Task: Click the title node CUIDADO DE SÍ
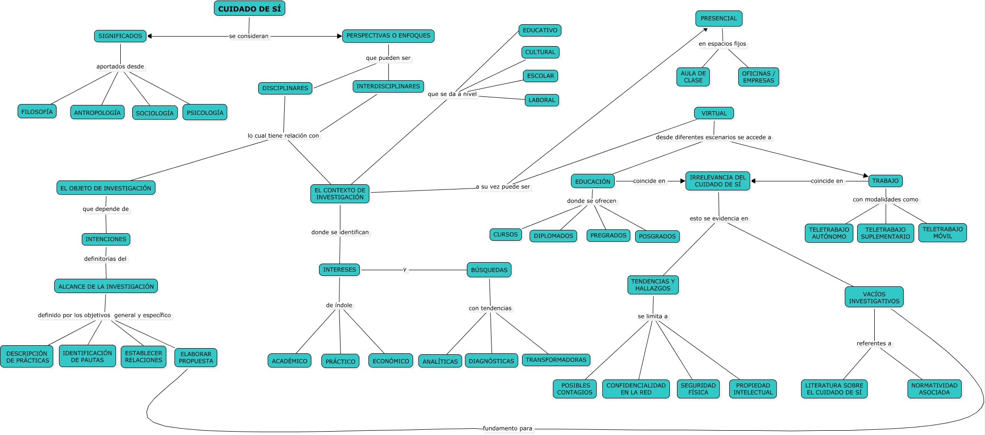pos(250,9)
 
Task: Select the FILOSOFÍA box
pos(37,112)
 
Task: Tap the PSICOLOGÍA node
pos(205,113)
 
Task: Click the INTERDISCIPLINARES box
pos(388,86)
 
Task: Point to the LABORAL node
pos(542,100)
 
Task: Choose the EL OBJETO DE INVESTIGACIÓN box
pos(106,188)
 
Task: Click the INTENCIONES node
pos(106,239)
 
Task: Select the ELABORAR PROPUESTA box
pos(196,358)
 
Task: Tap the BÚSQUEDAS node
pos(489,270)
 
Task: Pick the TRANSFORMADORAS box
pos(556,360)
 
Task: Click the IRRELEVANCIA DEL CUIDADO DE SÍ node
pos(718,181)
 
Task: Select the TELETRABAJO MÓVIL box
pos(943,233)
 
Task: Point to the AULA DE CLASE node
pos(693,77)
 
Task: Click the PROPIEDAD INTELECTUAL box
pos(753,389)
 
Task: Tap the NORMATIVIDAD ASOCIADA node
pos(934,389)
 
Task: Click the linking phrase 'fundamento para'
pos(508,428)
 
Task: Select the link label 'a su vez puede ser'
pos(503,187)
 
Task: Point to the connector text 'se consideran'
pos(249,36)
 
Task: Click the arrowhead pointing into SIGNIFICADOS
pos(150,36)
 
